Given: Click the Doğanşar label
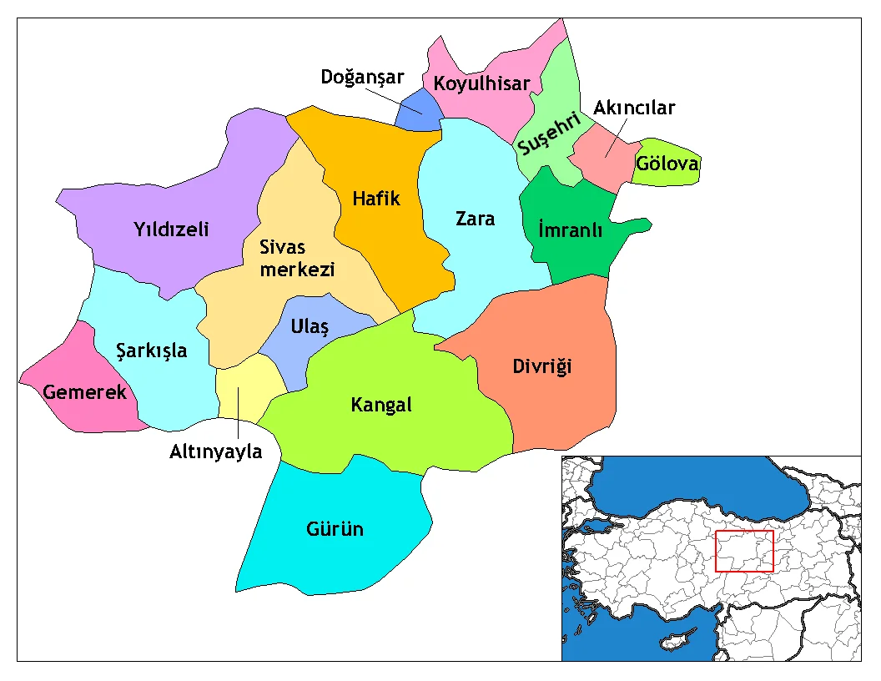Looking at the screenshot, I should [x=362, y=78].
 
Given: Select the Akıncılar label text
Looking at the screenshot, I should [x=634, y=108].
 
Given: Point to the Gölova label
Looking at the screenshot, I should [x=667, y=164].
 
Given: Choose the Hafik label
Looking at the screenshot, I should [x=376, y=199].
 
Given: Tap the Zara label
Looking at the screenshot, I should [x=475, y=219].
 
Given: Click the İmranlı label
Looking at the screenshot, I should [x=571, y=230].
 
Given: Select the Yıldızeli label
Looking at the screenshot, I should [x=171, y=230].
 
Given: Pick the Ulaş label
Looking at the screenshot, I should [x=310, y=327].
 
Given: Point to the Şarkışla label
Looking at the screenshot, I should [x=152, y=351].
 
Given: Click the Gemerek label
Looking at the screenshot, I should [x=85, y=391].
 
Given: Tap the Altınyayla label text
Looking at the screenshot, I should [x=215, y=452].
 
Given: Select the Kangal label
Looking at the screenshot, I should [x=381, y=406].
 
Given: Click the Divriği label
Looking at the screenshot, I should [x=542, y=366].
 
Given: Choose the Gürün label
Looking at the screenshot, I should [x=335, y=529].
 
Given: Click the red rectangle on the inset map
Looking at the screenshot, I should [x=745, y=551].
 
